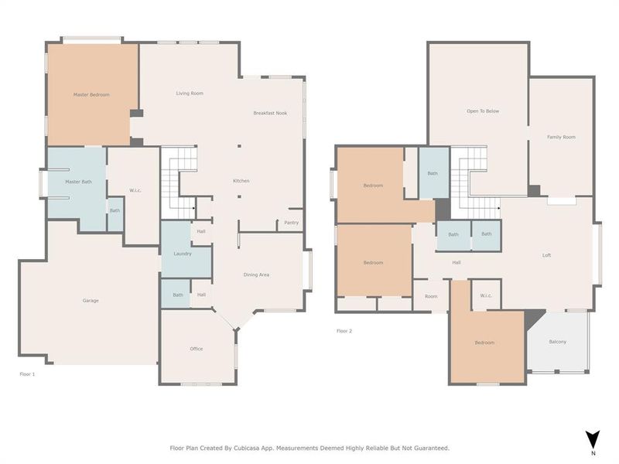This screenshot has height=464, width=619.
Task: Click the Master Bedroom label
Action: click(x=91, y=95)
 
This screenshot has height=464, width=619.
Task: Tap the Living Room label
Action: click(x=190, y=94)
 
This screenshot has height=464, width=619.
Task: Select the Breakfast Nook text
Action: click(x=270, y=114)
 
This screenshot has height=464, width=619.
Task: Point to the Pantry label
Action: click(x=291, y=223)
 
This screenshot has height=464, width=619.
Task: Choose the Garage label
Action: click(x=91, y=301)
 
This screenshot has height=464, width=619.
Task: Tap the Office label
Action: click(x=197, y=349)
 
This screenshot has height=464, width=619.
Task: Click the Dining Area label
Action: click(x=256, y=275)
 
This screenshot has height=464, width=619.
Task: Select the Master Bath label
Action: click(x=78, y=182)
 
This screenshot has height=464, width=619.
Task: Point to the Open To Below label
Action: click(x=483, y=111)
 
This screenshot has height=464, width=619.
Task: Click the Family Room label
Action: click(x=561, y=137)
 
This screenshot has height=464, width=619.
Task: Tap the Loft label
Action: click(x=546, y=255)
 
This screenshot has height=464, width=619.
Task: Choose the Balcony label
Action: click(x=557, y=342)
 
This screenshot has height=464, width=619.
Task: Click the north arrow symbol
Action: click(x=593, y=439)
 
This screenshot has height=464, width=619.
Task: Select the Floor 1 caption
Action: click(x=27, y=374)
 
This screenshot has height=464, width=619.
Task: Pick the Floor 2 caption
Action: click(x=344, y=331)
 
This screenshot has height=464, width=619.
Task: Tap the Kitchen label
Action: click(x=241, y=181)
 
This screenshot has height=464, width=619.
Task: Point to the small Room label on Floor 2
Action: click(x=431, y=296)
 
